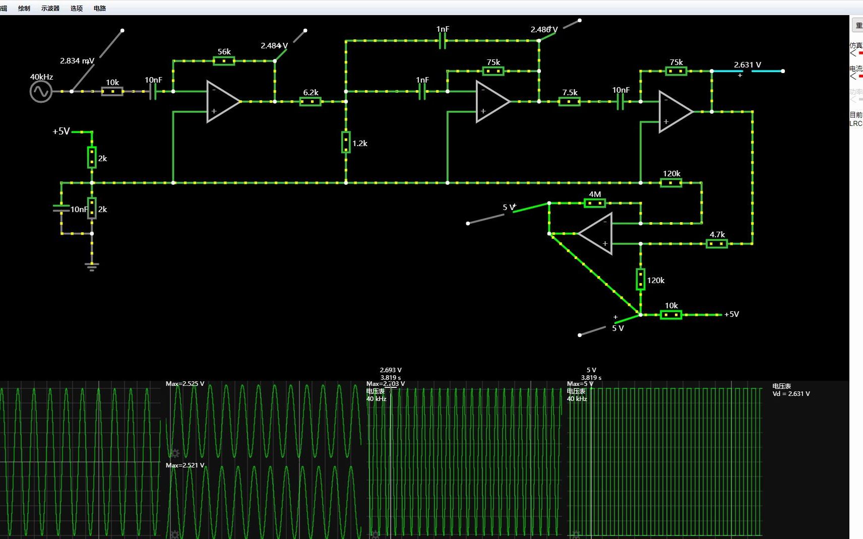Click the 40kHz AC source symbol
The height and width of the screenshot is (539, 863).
[41, 92]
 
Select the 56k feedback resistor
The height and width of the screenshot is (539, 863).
[224, 61]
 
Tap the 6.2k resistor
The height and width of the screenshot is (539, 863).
[311, 102]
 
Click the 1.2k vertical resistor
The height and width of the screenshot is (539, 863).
[346, 142]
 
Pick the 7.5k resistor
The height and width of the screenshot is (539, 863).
[569, 102]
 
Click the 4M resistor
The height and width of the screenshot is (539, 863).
[594, 203]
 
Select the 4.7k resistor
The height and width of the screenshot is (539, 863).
[716, 244]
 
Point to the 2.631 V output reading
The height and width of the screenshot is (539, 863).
[747, 65]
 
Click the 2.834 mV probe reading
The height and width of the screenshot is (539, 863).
[77, 61]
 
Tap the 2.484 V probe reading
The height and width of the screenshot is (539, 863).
[274, 46]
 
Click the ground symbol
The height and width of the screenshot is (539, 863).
[92, 266]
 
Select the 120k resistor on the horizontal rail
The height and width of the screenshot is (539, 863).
[671, 183]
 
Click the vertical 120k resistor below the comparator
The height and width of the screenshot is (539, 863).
[641, 280]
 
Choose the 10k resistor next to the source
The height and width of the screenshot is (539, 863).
[112, 92]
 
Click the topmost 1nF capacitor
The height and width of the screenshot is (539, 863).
[442, 41]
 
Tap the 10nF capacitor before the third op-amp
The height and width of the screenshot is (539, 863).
[620, 102]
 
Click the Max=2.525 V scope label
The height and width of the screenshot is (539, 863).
[185, 384]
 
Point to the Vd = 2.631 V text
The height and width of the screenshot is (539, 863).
[791, 394]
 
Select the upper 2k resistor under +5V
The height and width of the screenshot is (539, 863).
[92, 157]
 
